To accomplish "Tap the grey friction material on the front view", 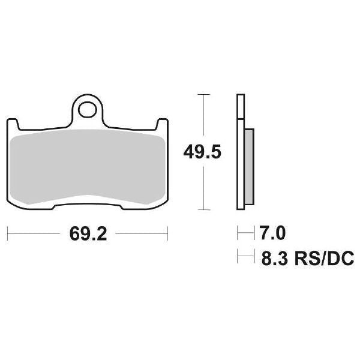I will click(89, 168).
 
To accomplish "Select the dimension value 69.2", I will click(88, 234).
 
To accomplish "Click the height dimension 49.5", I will click(202, 152).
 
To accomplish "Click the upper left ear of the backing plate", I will click(13, 123).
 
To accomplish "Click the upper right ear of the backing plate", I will click(162, 123).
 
